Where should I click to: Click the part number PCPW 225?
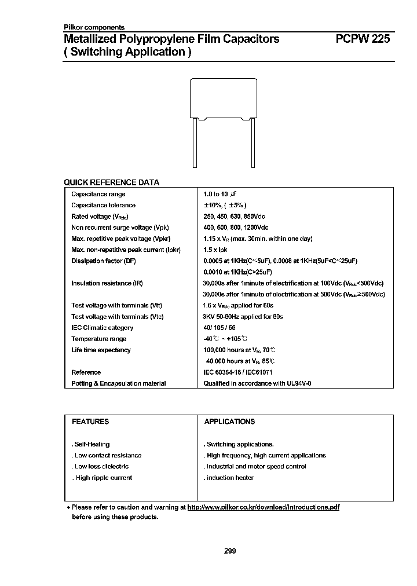coord(363,39)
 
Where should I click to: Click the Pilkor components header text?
coord(93,27)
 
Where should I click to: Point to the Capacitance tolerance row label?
coord(103,205)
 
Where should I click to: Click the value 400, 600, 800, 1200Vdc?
coord(236,228)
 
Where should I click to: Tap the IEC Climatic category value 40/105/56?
coord(220,328)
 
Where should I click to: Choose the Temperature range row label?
coord(98,339)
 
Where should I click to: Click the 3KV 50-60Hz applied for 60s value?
coord(243,317)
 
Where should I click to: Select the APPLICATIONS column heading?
coord(229,422)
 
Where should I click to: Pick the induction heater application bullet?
coord(229,478)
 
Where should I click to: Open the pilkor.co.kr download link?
coord(264,507)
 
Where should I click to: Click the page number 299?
coord(229,551)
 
